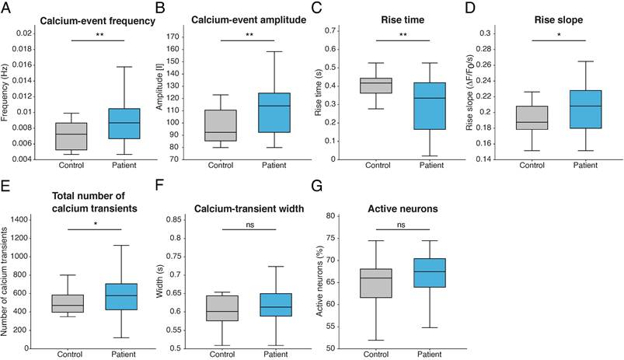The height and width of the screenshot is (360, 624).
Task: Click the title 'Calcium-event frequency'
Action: [97, 21]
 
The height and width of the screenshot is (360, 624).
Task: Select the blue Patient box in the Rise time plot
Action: [431, 106]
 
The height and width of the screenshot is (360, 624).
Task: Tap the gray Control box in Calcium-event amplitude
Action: [221, 125]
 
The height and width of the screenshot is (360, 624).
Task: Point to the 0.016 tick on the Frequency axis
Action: [23, 65]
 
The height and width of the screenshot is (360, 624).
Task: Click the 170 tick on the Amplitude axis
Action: [173, 37]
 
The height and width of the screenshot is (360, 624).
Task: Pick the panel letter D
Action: [470, 8]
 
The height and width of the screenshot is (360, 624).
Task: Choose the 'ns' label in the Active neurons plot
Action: [401, 225]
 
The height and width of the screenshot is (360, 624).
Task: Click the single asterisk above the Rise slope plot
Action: [559, 35]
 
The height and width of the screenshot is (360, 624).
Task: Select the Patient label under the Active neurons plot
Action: [430, 354]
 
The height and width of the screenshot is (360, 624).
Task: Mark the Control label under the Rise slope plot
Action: [532, 165]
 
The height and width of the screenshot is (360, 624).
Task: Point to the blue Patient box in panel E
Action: [124, 297]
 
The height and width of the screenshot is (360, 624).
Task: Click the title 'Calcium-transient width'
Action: [249, 209]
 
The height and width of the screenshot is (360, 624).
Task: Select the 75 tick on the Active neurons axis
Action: [330, 238]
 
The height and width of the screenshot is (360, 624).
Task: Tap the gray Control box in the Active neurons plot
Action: [376, 283]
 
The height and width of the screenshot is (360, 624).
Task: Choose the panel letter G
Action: [316, 186]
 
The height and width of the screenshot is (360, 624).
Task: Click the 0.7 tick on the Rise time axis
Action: [331, 31]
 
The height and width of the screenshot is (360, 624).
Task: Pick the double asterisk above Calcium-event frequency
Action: [99, 35]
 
